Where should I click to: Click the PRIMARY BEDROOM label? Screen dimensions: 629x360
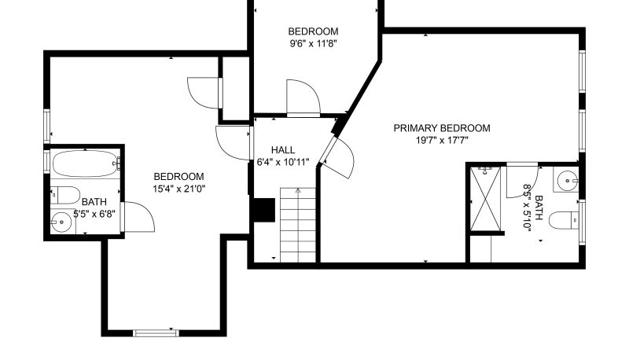coord(442,128)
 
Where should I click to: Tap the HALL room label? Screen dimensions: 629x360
coord(283,150)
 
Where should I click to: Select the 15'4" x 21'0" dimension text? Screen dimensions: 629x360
coord(179,189)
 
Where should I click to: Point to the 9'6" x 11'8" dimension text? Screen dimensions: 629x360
coord(313,43)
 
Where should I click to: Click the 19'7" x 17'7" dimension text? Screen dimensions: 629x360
coord(442,141)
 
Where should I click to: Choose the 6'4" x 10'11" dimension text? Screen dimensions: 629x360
coord(283,163)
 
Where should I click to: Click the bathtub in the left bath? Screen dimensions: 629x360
coord(85,163)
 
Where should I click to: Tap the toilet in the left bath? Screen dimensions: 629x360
coord(65,195)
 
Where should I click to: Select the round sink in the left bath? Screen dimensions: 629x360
coord(61,222)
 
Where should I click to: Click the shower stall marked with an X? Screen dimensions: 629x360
coord(485,199)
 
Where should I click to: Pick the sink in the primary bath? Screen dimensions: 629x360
coord(566,179)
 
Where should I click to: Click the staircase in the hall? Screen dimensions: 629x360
coord(298,225)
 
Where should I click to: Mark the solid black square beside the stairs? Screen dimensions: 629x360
coord(263,210)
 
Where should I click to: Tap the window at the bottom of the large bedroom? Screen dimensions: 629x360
coord(156,332)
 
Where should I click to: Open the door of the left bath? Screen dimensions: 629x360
coord(138,217)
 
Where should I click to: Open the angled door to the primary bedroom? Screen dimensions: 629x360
coord(339,158)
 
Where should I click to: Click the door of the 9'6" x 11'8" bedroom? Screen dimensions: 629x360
coord(303,98)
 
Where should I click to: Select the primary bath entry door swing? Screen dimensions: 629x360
coord(522,181)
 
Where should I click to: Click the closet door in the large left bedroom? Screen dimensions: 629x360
coord(204,93)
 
